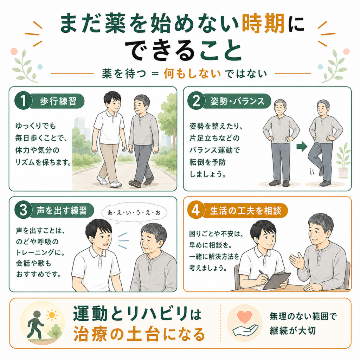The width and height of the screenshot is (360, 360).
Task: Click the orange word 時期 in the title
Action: pyautogui.click(x=263, y=24)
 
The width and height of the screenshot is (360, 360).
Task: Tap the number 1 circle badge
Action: pyautogui.click(x=23, y=101)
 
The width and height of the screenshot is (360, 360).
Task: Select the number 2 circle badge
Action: pyautogui.click(x=196, y=101)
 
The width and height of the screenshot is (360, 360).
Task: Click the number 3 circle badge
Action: pyautogui.click(x=23, y=210)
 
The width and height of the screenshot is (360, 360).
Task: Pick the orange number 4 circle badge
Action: pyautogui.click(x=196, y=210)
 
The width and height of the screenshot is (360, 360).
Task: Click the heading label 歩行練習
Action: pyautogui.click(x=58, y=101)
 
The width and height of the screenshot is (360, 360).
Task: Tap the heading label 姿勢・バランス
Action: pyautogui.click(x=237, y=101)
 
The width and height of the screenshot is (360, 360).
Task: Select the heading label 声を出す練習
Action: pyautogui.click(x=62, y=210)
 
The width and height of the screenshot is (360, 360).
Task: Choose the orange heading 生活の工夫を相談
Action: pyautogui.click(x=245, y=210)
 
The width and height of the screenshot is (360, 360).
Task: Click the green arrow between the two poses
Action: pyautogui.click(x=302, y=146)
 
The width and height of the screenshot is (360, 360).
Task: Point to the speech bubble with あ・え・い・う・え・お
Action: pyautogui.click(x=134, y=213)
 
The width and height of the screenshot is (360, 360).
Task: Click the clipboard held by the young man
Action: pyautogui.click(x=276, y=281)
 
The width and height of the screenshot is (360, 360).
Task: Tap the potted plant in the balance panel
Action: pyautogui.click(x=343, y=160)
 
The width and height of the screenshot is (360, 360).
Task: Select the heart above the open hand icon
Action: pyautogui.click(x=245, y=317)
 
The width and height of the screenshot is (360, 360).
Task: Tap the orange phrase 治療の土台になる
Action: pyautogui.click(x=139, y=334)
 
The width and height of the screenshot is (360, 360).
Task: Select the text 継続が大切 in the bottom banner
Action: pyautogui.click(x=293, y=330)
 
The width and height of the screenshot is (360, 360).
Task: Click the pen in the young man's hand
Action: pyautogui.click(x=264, y=275)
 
